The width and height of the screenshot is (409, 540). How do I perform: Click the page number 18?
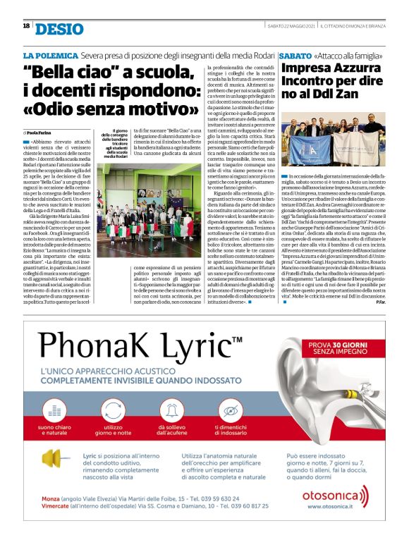[x=26, y=26]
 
